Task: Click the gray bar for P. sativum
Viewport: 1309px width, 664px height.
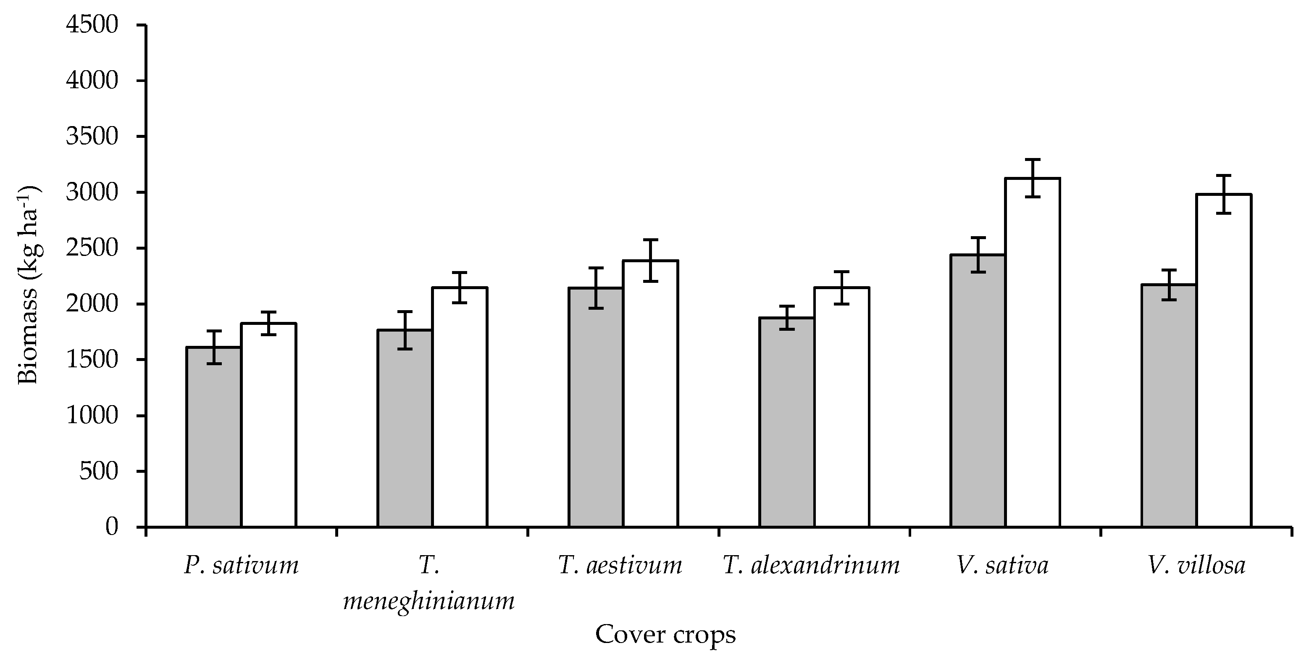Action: pos(213,437)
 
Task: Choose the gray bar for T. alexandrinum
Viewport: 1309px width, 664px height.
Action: pos(787,422)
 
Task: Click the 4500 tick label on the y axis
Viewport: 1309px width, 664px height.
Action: pos(92,25)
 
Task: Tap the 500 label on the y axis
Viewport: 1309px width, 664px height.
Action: pos(99,471)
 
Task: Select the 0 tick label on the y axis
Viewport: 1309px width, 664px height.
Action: pos(112,527)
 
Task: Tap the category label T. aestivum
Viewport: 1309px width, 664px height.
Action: pos(620,565)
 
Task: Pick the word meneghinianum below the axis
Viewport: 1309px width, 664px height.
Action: pos(429,601)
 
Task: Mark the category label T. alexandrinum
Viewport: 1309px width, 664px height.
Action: pos(811,565)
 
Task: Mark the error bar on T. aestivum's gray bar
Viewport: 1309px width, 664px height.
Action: pos(596,288)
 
